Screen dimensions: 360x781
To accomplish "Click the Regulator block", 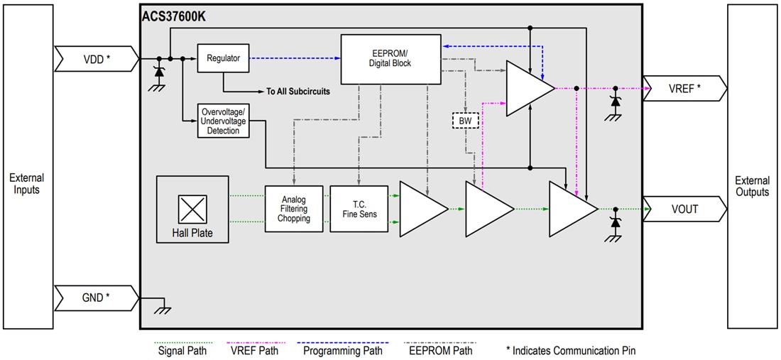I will point(224,58).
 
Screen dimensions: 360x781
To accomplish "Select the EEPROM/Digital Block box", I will point(390,58).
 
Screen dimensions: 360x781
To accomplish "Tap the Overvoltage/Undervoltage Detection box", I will point(224,121).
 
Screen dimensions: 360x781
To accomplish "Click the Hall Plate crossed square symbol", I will point(192,209).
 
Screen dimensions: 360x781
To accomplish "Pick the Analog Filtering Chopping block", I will point(294,209).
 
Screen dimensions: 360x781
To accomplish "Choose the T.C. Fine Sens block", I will point(359,209).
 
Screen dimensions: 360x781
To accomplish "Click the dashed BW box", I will point(466,121).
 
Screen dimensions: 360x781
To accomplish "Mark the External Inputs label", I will point(27,184).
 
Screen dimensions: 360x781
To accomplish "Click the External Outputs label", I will point(752,186).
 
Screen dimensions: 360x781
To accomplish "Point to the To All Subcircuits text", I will point(297,92).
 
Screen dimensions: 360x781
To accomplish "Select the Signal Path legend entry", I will point(184,349).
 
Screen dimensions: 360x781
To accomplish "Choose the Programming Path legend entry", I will point(342,349).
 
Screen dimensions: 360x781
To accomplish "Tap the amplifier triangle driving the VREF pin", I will point(526,89).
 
